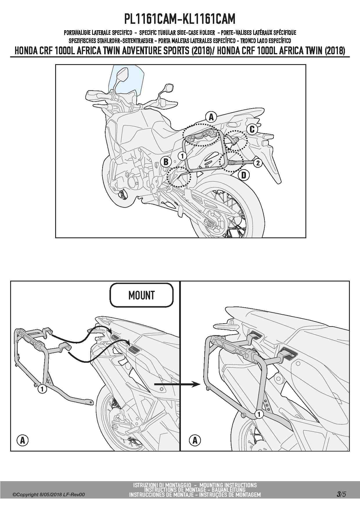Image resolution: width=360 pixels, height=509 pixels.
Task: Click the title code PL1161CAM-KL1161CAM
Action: pos(180,19)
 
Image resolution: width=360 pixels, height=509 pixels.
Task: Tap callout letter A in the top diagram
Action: pos(211,117)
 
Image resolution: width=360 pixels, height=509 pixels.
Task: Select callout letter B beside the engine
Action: pos(166,162)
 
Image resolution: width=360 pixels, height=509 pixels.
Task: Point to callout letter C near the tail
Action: pos(252,129)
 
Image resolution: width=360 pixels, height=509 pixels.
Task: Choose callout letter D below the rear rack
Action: pos(244,175)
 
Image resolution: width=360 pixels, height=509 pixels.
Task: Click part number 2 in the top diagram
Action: pos(258,163)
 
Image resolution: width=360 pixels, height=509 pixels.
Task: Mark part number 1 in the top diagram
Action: pos(182,156)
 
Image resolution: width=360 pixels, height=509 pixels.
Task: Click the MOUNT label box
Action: pos(141,295)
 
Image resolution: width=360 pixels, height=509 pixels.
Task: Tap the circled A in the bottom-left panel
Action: pos(22,440)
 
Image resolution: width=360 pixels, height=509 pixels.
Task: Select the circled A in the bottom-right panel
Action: pos(195,440)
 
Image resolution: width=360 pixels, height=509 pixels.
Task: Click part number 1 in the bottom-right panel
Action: pos(259,414)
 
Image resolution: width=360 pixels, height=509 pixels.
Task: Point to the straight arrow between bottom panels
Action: pos(177,385)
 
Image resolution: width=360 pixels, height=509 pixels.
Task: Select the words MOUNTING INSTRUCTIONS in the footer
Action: pos(228,485)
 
